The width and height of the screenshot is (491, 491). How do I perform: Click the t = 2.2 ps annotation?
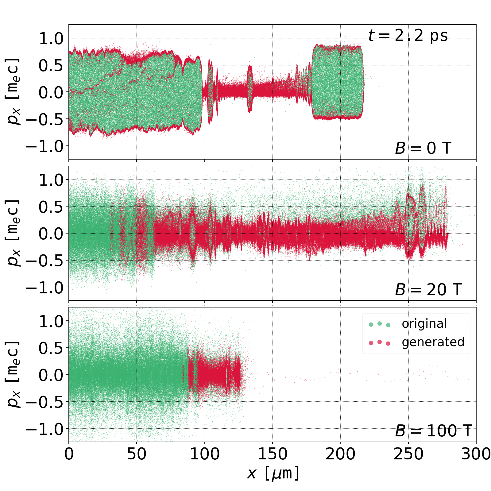pyautogui.click(x=408, y=36)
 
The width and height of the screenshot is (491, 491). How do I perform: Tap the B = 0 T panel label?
pyautogui.click(x=423, y=149)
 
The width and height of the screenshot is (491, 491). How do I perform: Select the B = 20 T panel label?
pyautogui.click(x=428, y=290)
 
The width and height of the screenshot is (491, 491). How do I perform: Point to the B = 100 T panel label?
pyautogui.click(x=433, y=431)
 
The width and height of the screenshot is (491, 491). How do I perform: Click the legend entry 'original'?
pyautogui.click(x=424, y=324)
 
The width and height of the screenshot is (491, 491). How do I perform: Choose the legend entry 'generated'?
pyautogui.click(x=433, y=342)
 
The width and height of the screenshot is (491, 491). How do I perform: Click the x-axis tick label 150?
pyautogui.click(x=273, y=454)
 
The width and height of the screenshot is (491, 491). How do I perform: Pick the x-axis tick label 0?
pyautogui.click(x=69, y=454)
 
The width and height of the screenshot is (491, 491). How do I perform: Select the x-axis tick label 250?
pyautogui.click(x=408, y=454)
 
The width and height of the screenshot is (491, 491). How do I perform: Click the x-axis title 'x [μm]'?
pyautogui.click(x=273, y=473)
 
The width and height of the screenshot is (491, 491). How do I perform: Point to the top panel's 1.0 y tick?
pyautogui.click(x=51, y=38)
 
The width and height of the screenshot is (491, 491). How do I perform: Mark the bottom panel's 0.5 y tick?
pyautogui.click(x=51, y=348)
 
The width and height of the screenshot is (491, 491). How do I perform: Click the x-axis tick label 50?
pyautogui.click(x=137, y=454)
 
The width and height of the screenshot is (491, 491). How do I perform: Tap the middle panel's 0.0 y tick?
pyautogui.click(x=51, y=234)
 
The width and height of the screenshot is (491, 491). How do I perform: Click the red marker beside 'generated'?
pyautogui.click(x=380, y=342)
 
